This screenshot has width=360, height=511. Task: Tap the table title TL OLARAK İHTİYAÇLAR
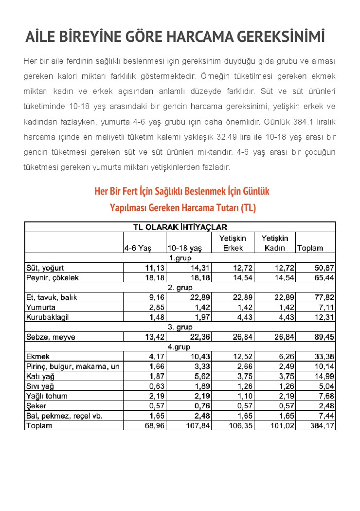pyautogui.click(x=180, y=227)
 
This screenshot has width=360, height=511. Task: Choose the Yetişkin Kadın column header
pyautogui.click(x=275, y=243)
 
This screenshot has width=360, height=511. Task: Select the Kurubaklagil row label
pyautogui.click(x=48, y=317)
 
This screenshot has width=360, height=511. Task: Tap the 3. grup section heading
pyautogui.click(x=180, y=327)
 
